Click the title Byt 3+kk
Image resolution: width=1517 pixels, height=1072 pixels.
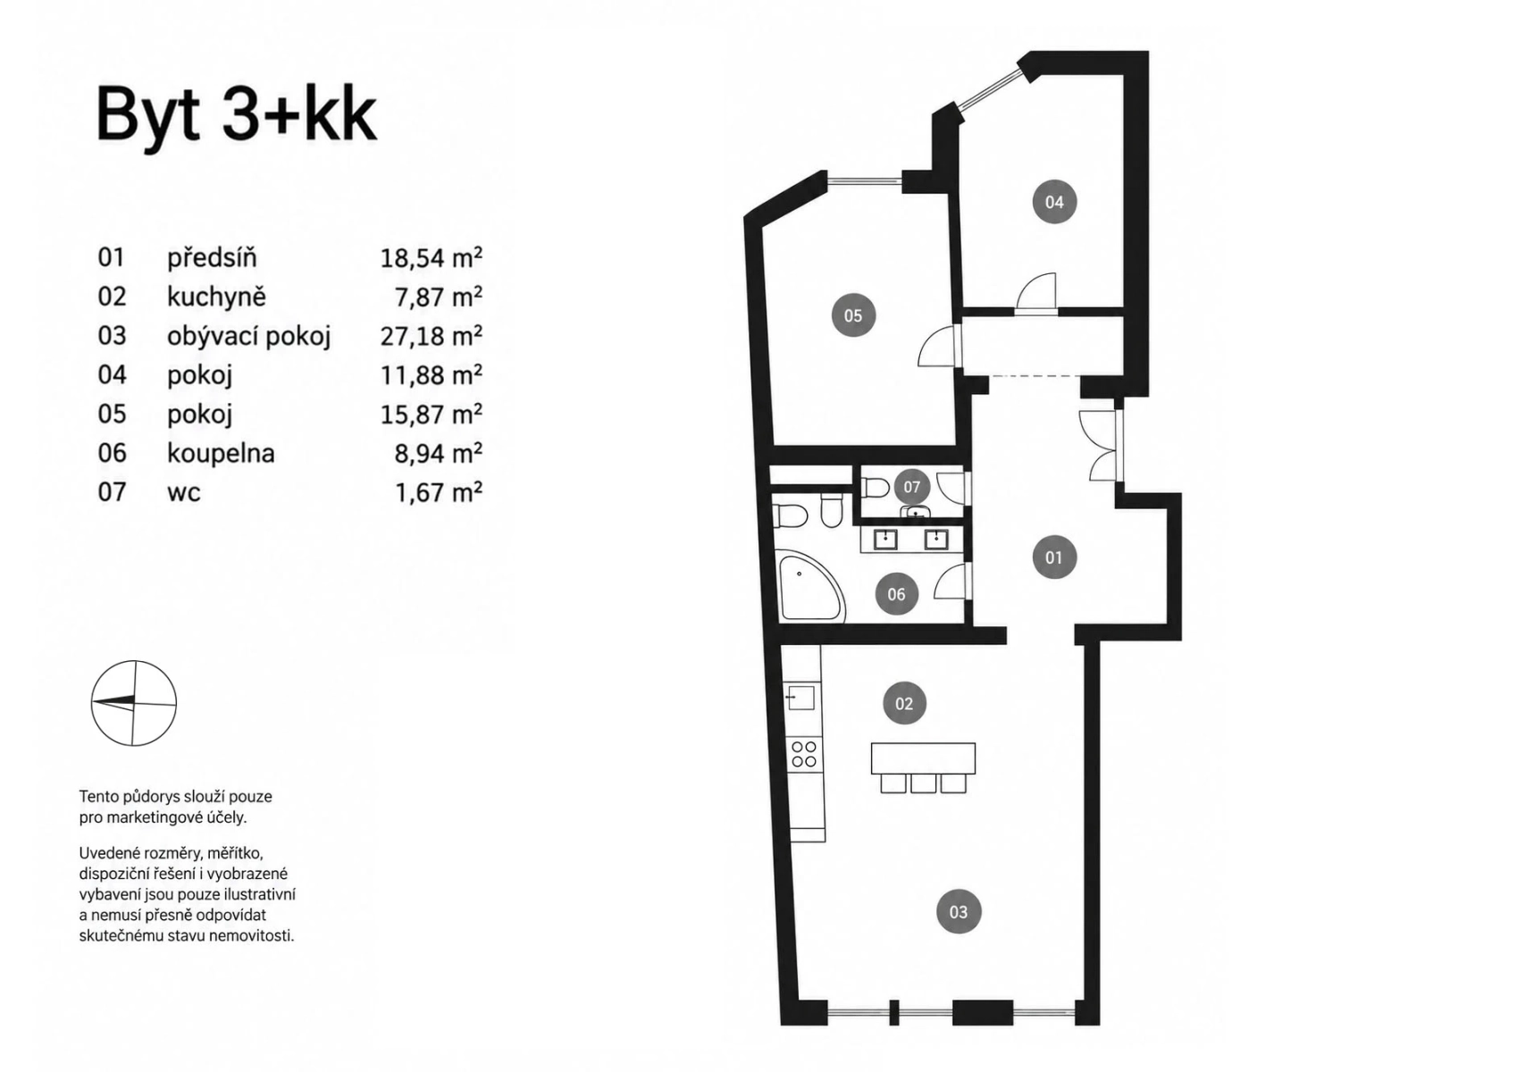click(236, 116)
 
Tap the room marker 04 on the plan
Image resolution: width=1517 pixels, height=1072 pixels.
click(1054, 202)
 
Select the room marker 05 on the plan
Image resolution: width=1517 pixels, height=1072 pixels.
click(853, 314)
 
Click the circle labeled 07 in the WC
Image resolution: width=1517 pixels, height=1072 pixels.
click(911, 487)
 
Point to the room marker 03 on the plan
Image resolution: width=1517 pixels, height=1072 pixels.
click(959, 912)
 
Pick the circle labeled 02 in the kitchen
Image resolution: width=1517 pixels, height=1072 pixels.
click(904, 704)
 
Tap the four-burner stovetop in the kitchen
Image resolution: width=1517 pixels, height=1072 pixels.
click(805, 754)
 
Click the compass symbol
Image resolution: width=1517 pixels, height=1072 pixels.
click(134, 703)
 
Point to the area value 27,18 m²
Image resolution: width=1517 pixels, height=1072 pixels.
click(431, 336)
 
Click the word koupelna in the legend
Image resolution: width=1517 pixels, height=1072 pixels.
click(221, 452)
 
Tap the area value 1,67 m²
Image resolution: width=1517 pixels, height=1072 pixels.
click(438, 491)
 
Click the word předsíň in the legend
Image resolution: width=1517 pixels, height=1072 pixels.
click(212, 257)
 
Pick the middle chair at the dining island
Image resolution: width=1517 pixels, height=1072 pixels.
click(923, 783)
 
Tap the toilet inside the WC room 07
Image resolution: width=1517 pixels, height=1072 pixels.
click(875, 487)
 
